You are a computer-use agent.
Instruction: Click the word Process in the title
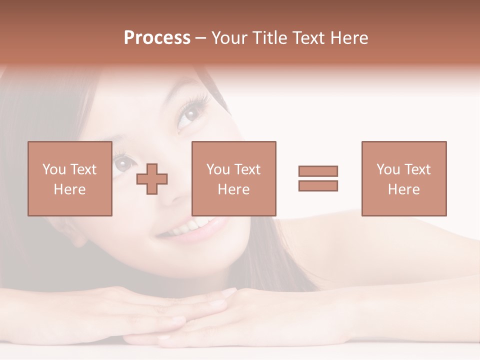click(x=157, y=38)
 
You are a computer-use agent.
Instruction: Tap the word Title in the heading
click(x=270, y=38)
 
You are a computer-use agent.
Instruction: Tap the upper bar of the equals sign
click(x=318, y=171)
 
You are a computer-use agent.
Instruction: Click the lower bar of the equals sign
click(x=318, y=185)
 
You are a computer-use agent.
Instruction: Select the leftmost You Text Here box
click(x=69, y=178)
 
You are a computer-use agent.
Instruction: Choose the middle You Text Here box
click(x=233, y=178)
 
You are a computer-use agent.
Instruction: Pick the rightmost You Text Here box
click(x=403, y=178)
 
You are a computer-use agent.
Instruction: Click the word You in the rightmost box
click(x=388, y=169)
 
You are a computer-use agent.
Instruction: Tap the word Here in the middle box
click(x=233, y=189)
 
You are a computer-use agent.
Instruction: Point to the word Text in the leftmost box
click(x=83, y=169)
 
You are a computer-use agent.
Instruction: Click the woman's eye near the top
click(x=189, y=114)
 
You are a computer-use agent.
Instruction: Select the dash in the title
click(x=200, y=38)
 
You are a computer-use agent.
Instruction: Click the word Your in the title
click(x=229, y=38)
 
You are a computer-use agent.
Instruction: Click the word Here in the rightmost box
click(x=403, y=189)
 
